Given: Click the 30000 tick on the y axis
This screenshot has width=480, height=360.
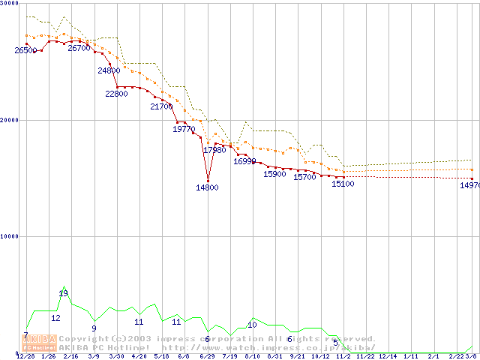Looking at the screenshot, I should [x=9, y=4].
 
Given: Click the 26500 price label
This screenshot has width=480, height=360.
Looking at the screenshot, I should [x=25, y=50].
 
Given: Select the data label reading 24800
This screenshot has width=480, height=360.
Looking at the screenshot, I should [x=109, y=70].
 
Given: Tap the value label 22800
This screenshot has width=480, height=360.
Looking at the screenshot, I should [x=116, y=94].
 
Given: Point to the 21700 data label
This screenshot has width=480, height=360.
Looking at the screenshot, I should [x=161, y=106].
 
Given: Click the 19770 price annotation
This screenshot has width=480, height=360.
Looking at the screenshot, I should [x=184, y=129].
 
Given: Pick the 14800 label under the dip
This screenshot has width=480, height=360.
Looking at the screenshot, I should [x=207, y=187].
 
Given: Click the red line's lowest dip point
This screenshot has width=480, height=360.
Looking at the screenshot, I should [x=208, y=181].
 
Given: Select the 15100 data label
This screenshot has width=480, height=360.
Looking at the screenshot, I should [x=343, y=184].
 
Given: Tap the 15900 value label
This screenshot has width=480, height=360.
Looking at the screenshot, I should [x=274, y=174].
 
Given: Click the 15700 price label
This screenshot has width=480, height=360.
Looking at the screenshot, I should [x=304, y=177].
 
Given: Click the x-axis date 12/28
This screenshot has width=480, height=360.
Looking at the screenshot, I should [x=25, y=356].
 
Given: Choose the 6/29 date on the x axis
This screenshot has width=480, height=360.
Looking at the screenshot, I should [x=207, y=356].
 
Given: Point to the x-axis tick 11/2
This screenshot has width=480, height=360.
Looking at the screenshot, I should [x=343, y=356].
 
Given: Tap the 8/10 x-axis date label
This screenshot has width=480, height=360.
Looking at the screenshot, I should [x=253, y=356].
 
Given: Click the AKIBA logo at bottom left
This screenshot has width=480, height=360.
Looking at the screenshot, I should [x=39, y=343].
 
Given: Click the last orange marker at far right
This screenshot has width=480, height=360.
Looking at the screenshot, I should [x=472, y=169].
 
